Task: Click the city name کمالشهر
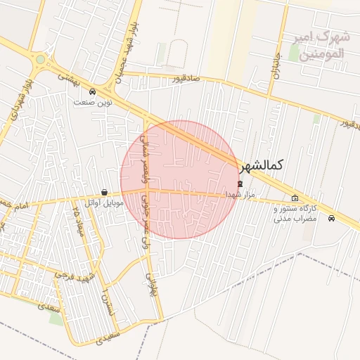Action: coord(261,166)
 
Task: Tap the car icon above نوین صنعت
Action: coord(93,91)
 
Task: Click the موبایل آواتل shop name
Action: coord(104,203)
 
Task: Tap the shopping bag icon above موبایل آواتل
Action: coord(104,192)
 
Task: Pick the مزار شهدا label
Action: coord(240,193)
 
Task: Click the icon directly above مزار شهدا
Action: coord(240,183)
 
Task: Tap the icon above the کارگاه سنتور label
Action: coord(295,198)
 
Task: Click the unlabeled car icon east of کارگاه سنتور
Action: coord(331,217)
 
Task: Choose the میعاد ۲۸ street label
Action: coord(79,224)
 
